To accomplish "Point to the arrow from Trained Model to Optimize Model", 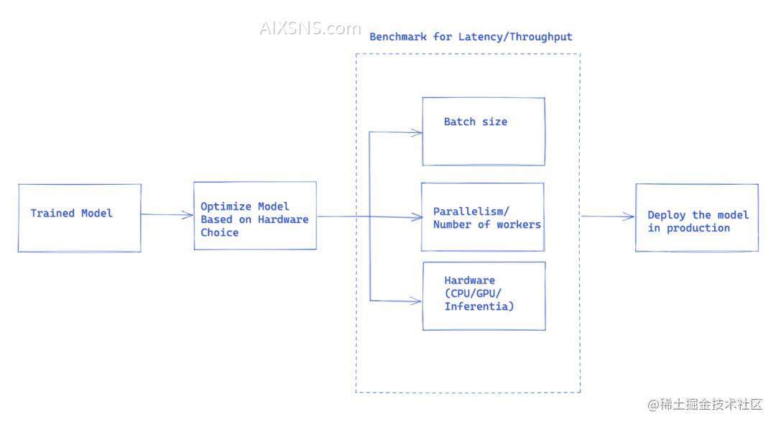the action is (x=167, y=214).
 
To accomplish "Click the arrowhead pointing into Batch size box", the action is (x=417, y=132).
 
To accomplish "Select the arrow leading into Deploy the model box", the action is (x=608, y=216).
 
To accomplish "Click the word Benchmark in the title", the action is (x=398, y=37).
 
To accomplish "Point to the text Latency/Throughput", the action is (x=515, y=37).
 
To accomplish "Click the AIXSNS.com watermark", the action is (x=310, y=28).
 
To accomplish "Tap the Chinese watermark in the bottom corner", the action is (x=705, y=404).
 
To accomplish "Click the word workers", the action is (x=519, y=224).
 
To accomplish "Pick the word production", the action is (x=698, y=228).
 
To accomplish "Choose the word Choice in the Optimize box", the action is (x=219, y=232).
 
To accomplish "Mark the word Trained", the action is (x=52, y=213).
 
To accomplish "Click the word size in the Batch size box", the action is (x=494, y=122).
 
